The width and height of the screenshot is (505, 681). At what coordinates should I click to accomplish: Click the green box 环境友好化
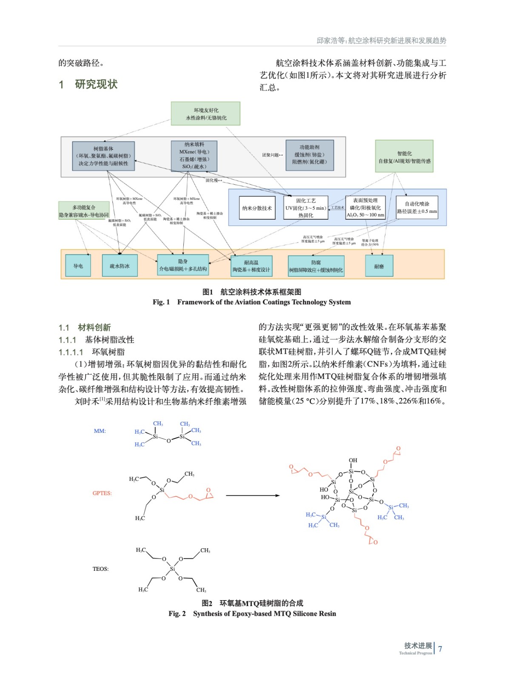[205, 114]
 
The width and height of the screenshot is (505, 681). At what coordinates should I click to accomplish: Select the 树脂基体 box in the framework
[103, 156]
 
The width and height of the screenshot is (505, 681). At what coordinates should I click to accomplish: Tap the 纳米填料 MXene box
[194, 156]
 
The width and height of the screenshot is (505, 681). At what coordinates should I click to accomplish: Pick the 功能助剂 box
[309, 155]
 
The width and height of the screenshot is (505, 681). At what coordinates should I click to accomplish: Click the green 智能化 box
[404, 157]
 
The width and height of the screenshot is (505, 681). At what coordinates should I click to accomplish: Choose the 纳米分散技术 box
[257, 208]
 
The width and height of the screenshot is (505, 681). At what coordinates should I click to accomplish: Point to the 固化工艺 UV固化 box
[306, 208]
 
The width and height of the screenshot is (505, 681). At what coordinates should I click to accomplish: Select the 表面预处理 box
[365, 208]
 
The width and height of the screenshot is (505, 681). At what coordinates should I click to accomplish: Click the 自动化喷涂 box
[417, 207]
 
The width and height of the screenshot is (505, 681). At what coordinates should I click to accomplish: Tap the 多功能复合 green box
[84, 211]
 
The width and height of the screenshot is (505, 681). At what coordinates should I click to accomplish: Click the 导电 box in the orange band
[78, 266]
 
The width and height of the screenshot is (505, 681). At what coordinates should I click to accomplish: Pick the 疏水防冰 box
[120, 266]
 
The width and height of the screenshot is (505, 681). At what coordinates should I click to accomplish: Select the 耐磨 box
[379, 266]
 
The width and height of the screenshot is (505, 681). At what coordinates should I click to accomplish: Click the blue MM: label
[100, 431]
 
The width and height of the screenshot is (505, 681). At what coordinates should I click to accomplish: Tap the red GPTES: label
[102, 493]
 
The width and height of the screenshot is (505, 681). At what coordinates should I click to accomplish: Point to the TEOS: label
[100, 569]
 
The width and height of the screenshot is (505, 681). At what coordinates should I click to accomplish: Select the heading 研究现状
[96, 84]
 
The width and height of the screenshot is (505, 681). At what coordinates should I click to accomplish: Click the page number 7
[440, 649]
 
